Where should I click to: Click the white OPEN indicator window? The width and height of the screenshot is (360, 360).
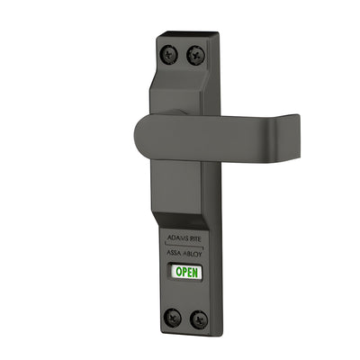[187, 271]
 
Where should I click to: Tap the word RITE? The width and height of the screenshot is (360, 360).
[198, 239]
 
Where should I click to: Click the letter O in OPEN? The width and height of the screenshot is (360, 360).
[178, 271]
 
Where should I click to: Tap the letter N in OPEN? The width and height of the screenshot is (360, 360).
[196, 272]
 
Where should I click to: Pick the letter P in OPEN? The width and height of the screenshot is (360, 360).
[184, 271]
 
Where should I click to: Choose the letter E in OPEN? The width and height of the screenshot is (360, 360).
[191, 271]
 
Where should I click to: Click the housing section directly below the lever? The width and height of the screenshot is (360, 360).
[183, 189]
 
